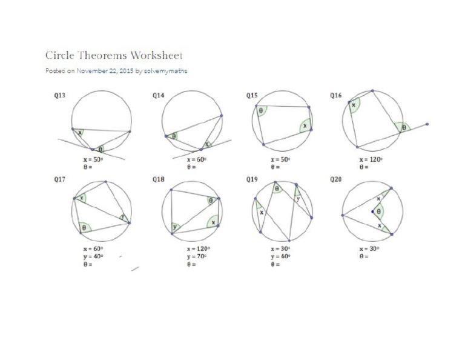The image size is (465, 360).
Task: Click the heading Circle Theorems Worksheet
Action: [114, 55]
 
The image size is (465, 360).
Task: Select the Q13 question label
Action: [60, 95]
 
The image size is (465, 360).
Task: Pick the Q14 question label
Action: [158, 95]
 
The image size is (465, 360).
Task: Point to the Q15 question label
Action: [252, 95]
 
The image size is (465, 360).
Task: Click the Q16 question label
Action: [335, 95]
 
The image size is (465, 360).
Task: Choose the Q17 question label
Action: [60, 179]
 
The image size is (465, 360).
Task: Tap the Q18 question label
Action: [158, 179]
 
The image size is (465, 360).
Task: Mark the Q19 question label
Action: [252, 179]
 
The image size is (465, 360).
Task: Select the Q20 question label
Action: [335, 179]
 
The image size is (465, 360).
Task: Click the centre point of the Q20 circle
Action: [372, 212]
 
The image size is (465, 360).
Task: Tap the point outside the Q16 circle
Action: [427, 124]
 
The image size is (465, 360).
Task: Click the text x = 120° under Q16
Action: [371, 160]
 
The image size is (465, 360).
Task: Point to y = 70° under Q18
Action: [197, 256]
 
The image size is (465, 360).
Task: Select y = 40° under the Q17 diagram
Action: [93, 256]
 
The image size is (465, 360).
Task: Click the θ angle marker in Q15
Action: [261, 111]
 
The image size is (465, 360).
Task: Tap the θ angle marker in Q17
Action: [84, 228]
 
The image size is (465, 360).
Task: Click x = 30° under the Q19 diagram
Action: [280, 249]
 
